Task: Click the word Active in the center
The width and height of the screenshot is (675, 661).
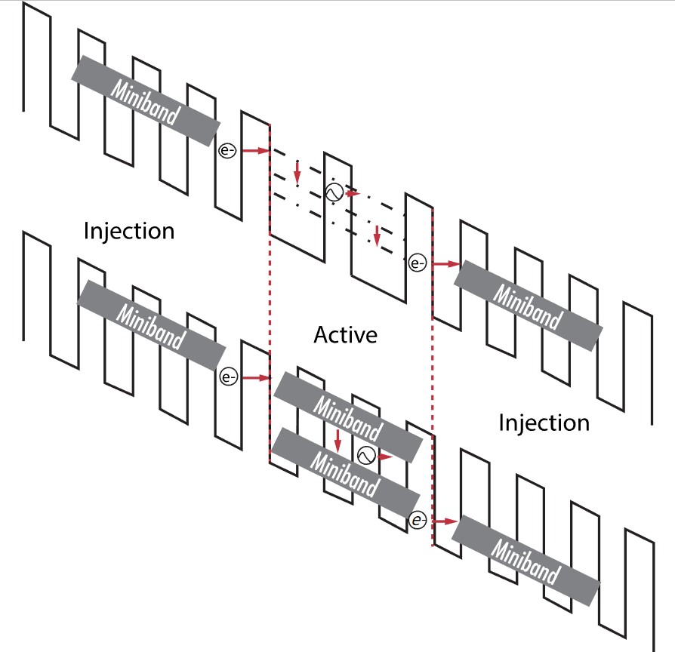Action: (x=345, y=334)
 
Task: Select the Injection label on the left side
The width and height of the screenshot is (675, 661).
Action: (x=129, y=230)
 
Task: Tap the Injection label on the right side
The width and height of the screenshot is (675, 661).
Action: (x=544, y=423)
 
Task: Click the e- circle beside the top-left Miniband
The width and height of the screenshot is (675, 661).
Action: (x=227, y=150)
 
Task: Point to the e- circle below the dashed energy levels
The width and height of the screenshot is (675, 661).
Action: (x=417, y=263)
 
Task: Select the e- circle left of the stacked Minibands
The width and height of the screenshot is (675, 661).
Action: (x=227, y=377)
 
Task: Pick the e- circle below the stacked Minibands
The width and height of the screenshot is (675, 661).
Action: (x=418, y=520)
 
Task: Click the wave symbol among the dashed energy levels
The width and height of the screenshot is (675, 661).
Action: (x=332, y=192)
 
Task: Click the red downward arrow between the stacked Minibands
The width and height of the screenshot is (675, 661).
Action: (x=337, y=440)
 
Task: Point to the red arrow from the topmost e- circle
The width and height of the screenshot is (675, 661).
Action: (x=257, y=151)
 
